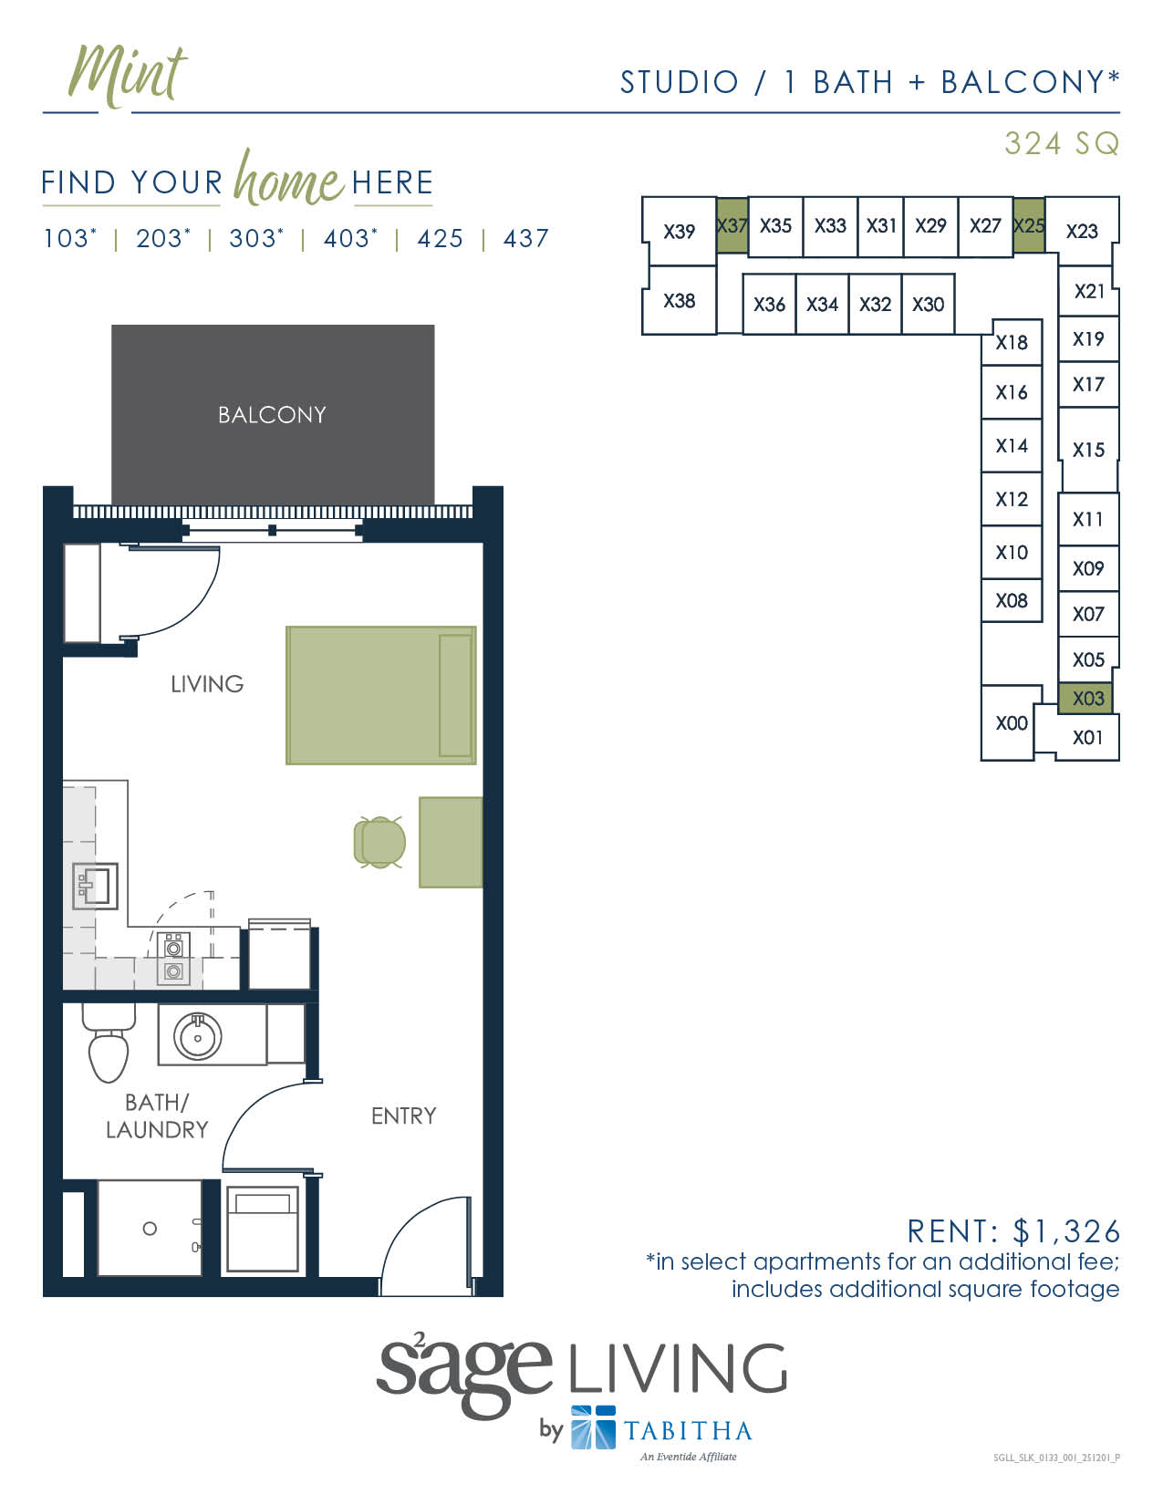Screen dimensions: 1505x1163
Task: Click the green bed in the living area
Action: (380, 694)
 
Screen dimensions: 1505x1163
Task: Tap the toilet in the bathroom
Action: (109, 1049)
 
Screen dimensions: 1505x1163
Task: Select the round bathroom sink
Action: (197, 1036)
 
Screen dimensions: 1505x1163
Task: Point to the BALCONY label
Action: (272, 415)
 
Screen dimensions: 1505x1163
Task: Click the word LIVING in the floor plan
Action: (207, 684)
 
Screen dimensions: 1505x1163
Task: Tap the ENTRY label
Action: (403, 1116)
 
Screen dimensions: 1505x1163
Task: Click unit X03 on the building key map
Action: (1088, 699)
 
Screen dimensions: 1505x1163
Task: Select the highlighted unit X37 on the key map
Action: (732, 225)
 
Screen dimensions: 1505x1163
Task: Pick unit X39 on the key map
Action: (679, 232)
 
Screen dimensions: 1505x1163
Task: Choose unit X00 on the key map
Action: (1011, 723)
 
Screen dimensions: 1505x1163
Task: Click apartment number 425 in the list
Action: (440, 239)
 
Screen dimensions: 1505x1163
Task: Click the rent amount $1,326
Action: (1066, 1231)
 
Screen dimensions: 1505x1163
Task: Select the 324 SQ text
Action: (1061, 144)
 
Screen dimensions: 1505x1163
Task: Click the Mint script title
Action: (128, 75)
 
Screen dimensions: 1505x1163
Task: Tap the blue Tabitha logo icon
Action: (593, 1427)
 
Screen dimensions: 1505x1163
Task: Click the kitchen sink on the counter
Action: (95, 886)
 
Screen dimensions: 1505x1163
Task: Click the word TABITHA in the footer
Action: (688, 1430)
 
